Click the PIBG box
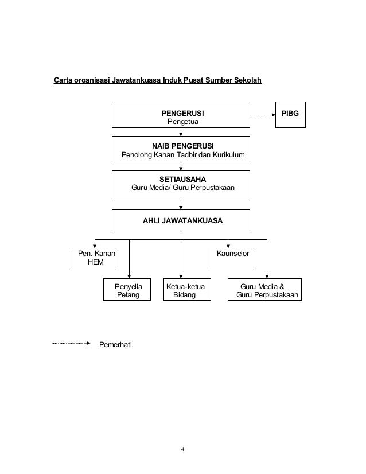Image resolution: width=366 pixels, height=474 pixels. coord(290,114)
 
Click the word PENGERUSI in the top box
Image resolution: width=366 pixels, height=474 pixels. coord(181,112)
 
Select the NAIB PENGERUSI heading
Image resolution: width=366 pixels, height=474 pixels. coord(181,146)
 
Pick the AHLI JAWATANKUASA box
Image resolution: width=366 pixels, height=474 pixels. coord(181,220)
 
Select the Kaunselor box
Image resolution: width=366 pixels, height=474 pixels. coord(233,253)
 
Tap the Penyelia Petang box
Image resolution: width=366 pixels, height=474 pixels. coord(128,290)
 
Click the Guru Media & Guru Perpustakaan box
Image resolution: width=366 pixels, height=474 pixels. coord(266,290)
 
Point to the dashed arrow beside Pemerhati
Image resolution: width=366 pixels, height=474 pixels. coord(71,344)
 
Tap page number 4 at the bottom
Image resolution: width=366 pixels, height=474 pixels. coord(182,449)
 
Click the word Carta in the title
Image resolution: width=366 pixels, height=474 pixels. coord(64,80)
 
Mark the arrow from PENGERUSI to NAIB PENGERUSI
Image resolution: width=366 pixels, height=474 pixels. coord(181,132)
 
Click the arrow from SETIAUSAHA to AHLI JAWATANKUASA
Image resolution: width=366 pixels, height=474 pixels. coord(181,204)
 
